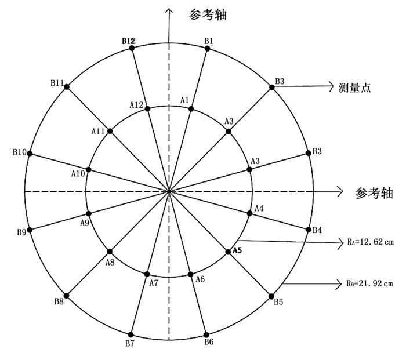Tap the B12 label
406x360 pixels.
click(x=128, y=41)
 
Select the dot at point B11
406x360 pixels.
click(x=67, y=86)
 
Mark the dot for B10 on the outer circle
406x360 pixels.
click(x=30, y=154)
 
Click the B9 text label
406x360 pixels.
click(x=22, y=232)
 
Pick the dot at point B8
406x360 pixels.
click(x=67, y=296)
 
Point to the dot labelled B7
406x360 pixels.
click(x=130, y=334)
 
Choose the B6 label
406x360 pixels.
click(x=209, y=341)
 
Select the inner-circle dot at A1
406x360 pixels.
click(x=191, y=109)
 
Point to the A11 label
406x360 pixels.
click(x=98, y=131)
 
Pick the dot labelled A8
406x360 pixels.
click(x=110, y=252)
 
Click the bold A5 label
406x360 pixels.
click(x=237, y=251)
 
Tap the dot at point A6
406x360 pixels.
click(x=190, y=274)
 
